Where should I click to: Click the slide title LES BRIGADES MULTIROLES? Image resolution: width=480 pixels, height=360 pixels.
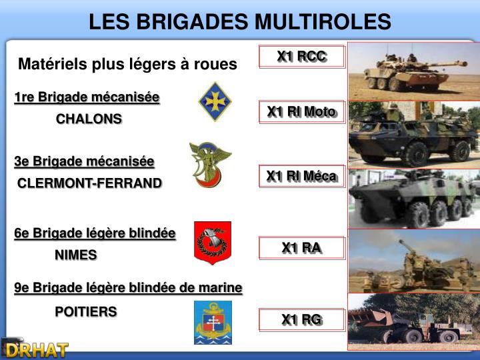[240, 22]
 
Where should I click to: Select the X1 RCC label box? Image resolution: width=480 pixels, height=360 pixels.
[302, 57]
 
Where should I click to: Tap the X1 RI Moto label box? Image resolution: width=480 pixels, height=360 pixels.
[301, 112]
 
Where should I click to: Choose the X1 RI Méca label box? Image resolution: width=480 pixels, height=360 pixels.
[301, 176]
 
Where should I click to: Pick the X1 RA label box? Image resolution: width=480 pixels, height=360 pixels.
[301, 248]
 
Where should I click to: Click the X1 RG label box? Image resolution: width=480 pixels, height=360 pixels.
[301, 320]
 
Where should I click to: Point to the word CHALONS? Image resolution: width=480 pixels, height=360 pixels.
[89, 119]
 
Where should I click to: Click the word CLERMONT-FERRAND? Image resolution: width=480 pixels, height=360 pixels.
[89, 183]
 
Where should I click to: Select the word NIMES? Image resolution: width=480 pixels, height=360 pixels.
[75, 255]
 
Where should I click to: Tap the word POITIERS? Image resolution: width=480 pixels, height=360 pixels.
[85, 311]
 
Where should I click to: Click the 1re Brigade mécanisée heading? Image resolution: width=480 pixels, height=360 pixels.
[87, 97]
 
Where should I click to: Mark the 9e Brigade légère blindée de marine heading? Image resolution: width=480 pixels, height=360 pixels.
[128, 287]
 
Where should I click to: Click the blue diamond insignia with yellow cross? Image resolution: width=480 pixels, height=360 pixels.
[215, 101]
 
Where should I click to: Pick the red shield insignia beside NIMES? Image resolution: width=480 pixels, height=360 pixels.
[212, 243]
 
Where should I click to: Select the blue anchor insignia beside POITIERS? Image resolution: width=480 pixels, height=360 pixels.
[213, 323]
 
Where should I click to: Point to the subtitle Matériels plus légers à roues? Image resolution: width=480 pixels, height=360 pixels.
[127, 64]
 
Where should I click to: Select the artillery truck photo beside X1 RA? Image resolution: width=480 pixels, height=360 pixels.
[413, 261]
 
